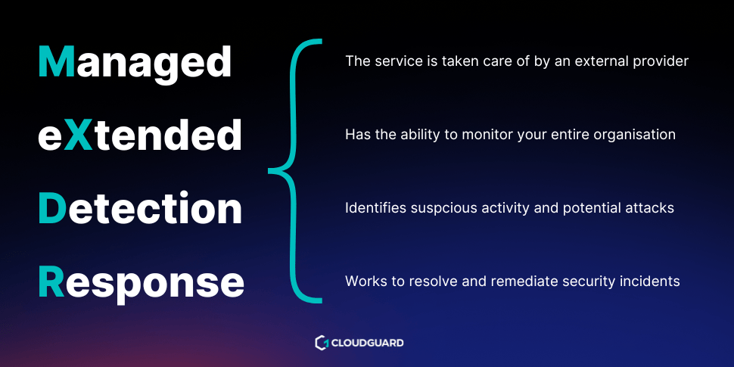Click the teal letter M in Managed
coord(57,61)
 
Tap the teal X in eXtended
coord(78,135)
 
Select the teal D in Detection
coord(52,208)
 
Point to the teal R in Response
coord(51,281)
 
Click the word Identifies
coord(375,208)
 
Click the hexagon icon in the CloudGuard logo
coord(322,343)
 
